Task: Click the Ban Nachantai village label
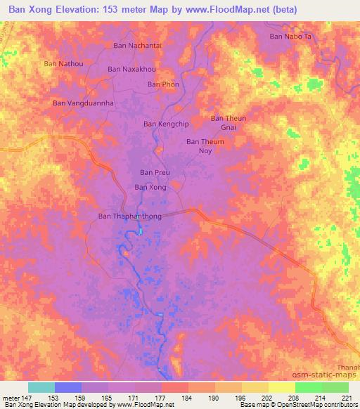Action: tap(138, 45)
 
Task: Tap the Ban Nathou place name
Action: tap(64, 63)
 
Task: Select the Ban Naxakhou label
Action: tap(131, 70)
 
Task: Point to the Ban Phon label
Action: tap(163, 84)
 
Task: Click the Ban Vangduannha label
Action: tap(84, 103)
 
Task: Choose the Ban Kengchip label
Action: tap(167, 124)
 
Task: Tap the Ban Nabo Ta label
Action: tap(290, 36)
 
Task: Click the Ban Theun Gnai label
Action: tap(229, 123)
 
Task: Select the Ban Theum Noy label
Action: tap(205, 145)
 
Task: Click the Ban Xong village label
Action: tap(150, 187)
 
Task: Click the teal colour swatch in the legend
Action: tap(41, 387)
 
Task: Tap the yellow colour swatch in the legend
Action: tap(281, 387)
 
